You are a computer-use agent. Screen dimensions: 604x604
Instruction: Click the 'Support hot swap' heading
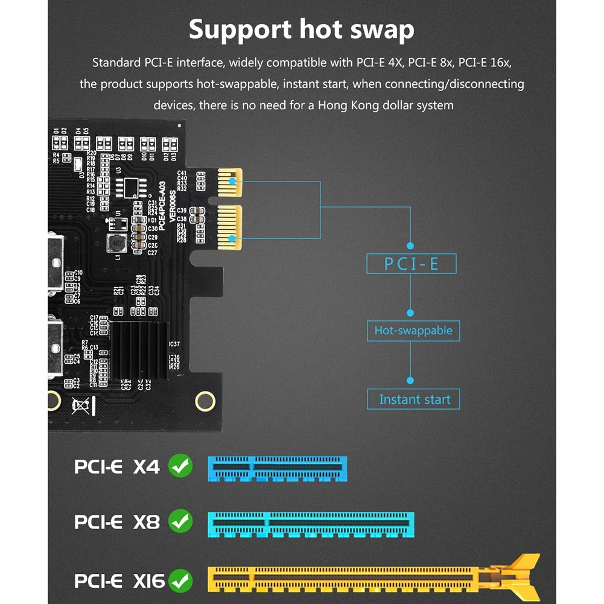click(302, 29)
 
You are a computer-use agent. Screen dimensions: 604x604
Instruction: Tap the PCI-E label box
click(412, 264)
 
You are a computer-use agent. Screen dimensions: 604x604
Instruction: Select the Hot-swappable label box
click(413, 331)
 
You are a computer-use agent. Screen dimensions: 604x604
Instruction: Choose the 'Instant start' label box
click(414, 399)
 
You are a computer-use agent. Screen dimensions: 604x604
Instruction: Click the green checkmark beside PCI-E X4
click(180, 466)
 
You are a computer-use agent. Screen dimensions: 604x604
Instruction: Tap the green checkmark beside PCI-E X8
click(180, 521)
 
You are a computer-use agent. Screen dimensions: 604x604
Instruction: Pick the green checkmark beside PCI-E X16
click(180, 581)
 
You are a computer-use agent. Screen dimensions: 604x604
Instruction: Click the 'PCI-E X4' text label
click(117, 466)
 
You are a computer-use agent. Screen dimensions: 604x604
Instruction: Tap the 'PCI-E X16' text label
click(119, 581)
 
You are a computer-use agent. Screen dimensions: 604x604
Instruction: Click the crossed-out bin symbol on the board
click(80, 405)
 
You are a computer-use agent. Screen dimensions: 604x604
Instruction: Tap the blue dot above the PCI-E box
click(410, 246)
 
